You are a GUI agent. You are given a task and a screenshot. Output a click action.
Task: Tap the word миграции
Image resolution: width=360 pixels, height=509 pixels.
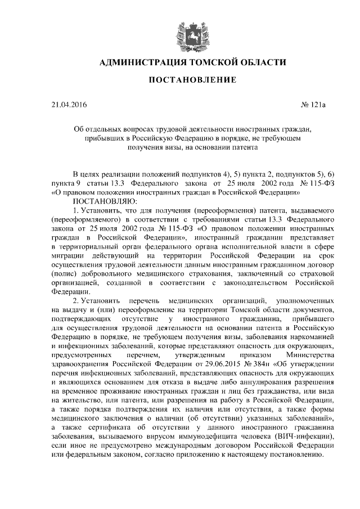(x=66, y=256)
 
